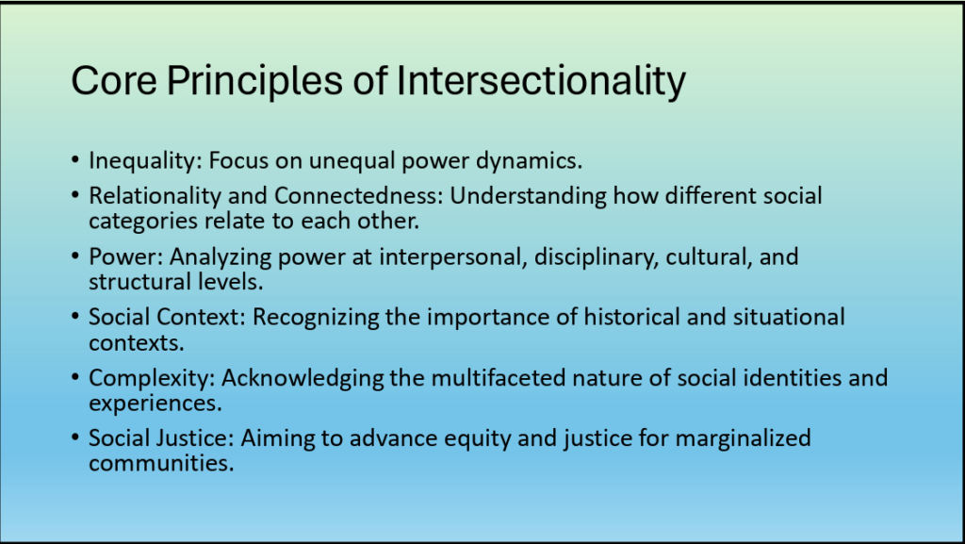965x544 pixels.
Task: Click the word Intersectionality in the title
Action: click(541, 81)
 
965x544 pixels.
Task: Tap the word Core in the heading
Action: click(114, 81)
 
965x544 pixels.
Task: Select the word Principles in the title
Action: click(254, 81)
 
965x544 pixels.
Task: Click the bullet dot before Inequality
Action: click(75, 160)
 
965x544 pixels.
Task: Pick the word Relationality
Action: click(155, 196)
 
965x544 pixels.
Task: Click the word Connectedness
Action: click(359, 196)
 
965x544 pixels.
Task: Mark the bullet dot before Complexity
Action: click(75, 376)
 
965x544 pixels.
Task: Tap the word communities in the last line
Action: click(161, 463)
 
